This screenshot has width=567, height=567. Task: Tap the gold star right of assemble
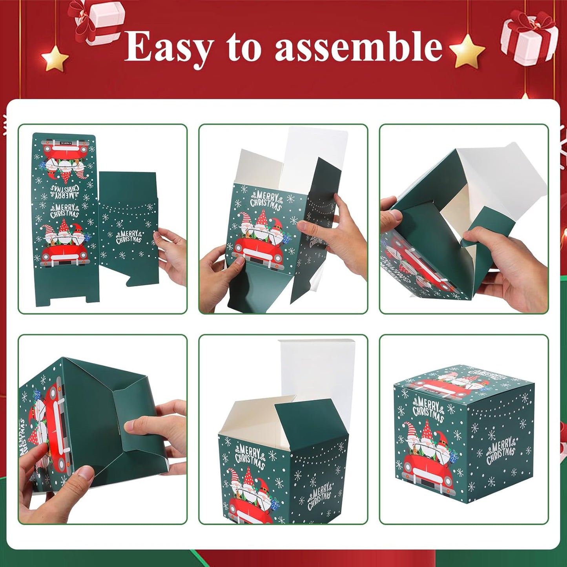pyautogui.click(x=467, y=51)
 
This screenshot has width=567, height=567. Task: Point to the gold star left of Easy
pyautogui.click(x=55, y=58)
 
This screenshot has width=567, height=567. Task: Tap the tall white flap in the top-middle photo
pyautogui.click(x=314, y=157)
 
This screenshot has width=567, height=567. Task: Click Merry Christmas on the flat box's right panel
pyautogui.click(x=128, y=237)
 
